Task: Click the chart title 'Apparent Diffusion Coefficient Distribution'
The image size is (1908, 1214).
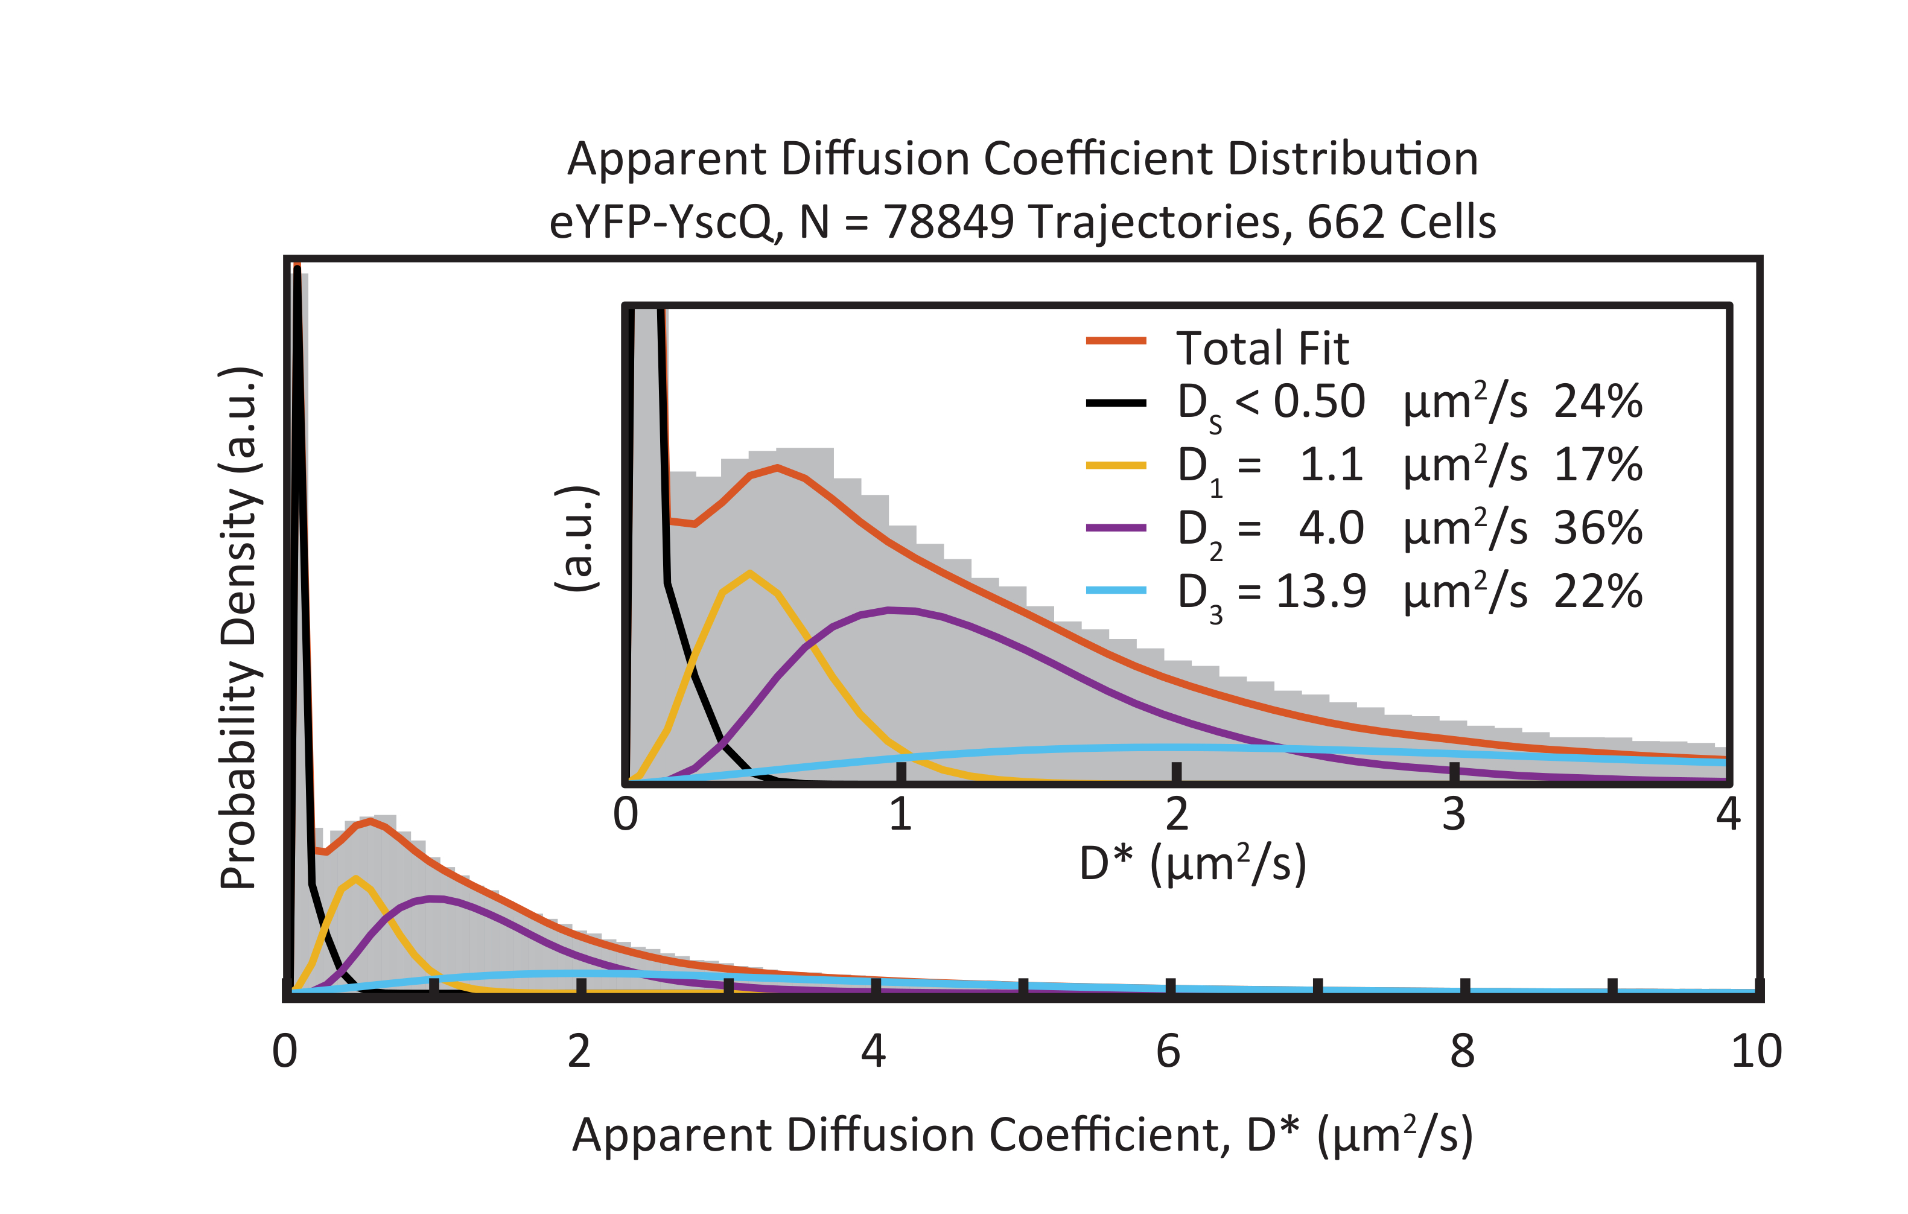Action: click(1022, 159)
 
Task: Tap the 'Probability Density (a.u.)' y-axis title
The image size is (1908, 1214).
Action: click(240, 628)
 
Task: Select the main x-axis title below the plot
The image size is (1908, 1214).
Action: click(1022, 1136)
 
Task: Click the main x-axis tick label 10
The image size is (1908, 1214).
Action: click(1756, 1052)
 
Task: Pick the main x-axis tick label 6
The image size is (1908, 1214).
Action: click(1168, 1052)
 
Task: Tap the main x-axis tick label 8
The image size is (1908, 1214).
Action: click(1462, 1052)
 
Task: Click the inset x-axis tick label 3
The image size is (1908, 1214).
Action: click(1453, 815)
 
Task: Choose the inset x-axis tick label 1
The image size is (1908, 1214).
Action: click(900, 815)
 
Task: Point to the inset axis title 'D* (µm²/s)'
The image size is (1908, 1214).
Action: click(1192, 864)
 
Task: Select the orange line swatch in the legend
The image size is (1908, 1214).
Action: click(1116, 341)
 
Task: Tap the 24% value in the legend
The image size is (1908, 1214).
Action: click(1597, 402)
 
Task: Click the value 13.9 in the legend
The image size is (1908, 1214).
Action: click(1321, 591)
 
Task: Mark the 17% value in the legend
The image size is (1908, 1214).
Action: click(1597, 465)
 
